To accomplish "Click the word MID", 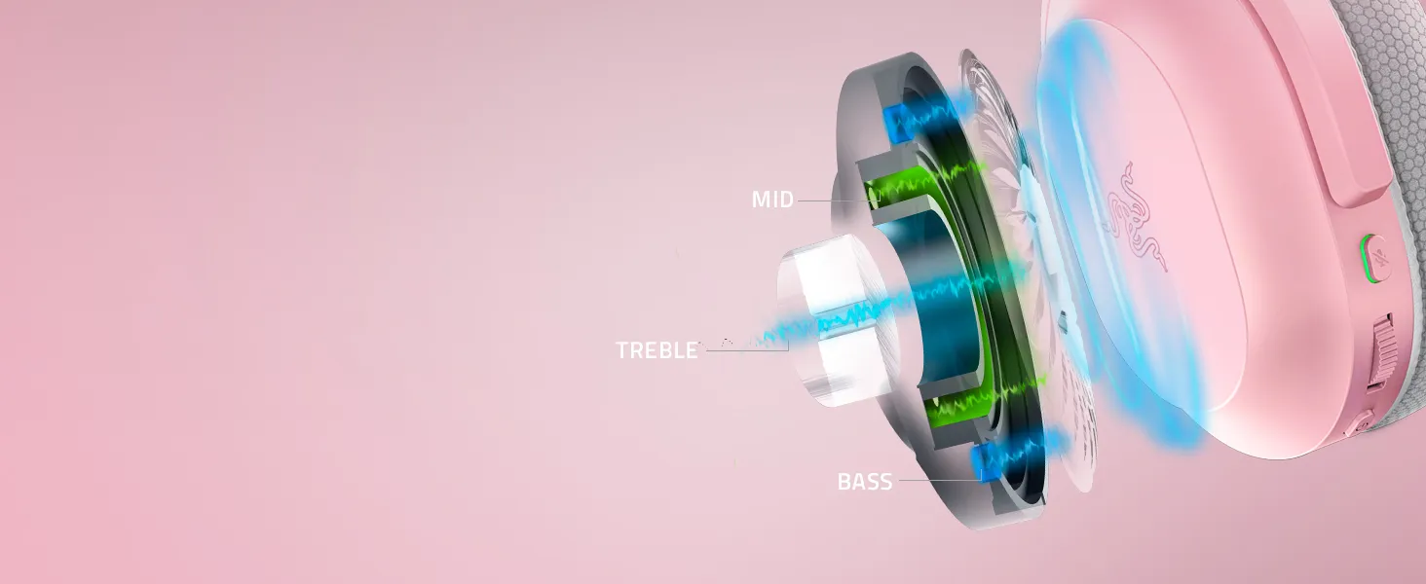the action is (772, 200).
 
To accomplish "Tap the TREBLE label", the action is (657, 349).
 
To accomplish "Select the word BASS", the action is (865, 482).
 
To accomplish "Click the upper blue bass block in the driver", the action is (898, 123).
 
